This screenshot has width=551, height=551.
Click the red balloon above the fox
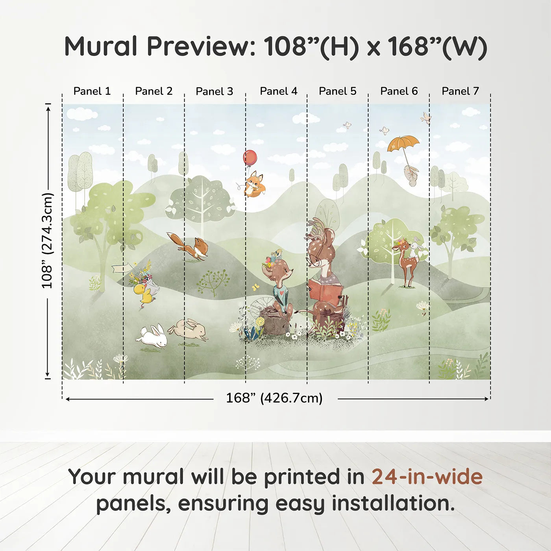click(250, 157)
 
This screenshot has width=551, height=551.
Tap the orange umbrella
click(403, 143)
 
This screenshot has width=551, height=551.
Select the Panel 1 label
click(92, 91)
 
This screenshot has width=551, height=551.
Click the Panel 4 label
click(279, 91)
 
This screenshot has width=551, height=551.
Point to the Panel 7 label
click(460, 91)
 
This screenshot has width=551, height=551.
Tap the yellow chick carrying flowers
click(143, 293)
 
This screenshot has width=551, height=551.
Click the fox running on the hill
click(190, 246)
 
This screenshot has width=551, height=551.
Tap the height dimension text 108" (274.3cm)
click(47, 240)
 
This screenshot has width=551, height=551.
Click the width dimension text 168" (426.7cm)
click(274, 398)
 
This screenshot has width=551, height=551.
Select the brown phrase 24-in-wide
click(427, 477)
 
